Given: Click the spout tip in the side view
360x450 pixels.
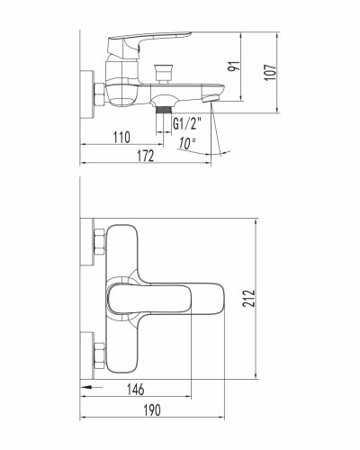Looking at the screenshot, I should pyautogui.click(x=216, y=97).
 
